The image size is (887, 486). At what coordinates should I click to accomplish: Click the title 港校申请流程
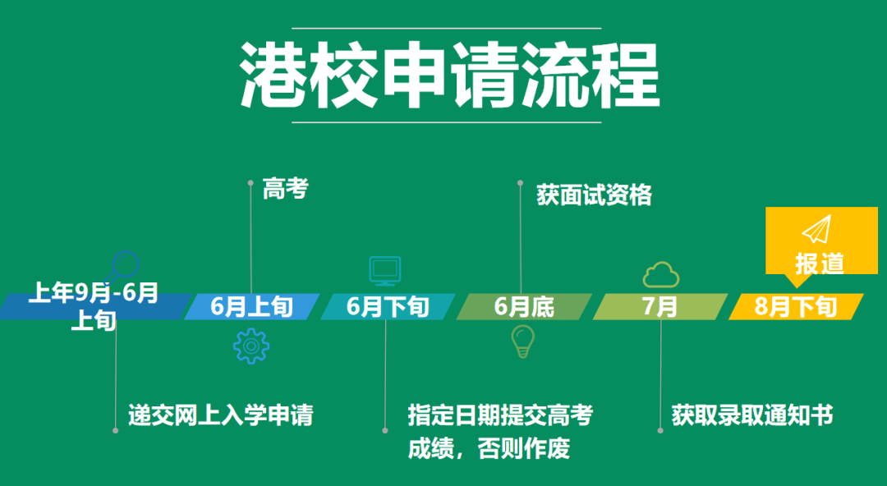coord(450,75)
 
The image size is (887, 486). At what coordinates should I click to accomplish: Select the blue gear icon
coord(251,346)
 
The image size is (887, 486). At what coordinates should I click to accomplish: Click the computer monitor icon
coord(385,270)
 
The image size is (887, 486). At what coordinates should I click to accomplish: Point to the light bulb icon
coord(522,342)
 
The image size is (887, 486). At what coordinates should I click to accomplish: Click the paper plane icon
coord(817,229)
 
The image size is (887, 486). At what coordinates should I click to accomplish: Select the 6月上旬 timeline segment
coord(252,307)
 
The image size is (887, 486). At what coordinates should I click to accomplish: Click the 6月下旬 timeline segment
coord(388,307)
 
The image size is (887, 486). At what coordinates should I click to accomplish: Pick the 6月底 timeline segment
coord(524,307)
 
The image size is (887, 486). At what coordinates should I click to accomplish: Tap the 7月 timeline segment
coord(660,307)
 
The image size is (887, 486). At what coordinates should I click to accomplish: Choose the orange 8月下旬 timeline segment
coord(796,307)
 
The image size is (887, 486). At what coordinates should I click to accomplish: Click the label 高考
coord(286,188)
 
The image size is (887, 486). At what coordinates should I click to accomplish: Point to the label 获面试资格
coord(595,195)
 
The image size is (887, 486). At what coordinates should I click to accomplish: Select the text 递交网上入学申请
coord(221,415)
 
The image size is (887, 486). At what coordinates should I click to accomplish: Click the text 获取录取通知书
coord(752,415)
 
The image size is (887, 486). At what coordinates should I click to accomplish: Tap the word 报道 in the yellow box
coord(820,263)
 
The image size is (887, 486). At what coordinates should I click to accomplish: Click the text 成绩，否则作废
coord(489,449)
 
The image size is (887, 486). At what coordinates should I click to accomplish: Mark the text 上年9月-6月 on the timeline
coord(94,292)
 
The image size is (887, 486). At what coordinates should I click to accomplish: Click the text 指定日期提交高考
coord(501,415)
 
